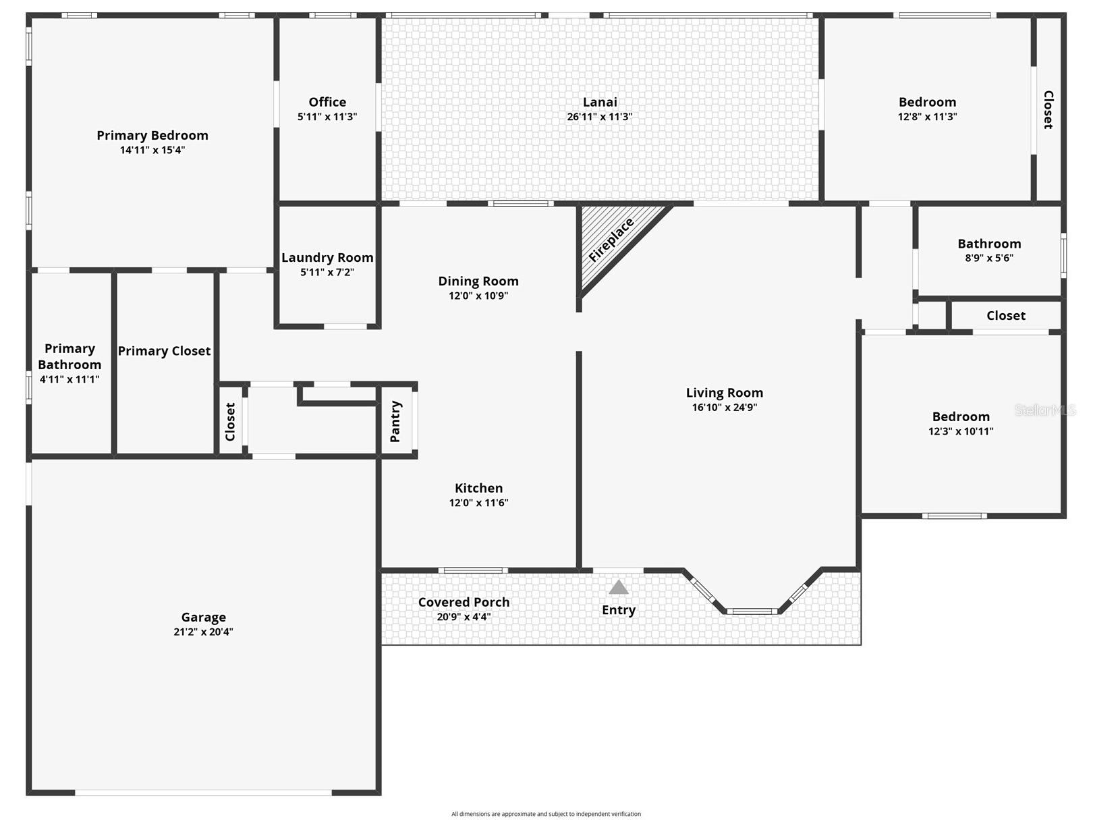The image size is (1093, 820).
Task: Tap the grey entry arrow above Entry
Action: tap(618, 588)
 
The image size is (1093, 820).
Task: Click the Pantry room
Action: tap(396, 422)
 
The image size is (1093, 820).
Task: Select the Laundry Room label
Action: tap(327, 258)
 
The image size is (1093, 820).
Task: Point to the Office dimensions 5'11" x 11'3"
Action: tap(327, 117)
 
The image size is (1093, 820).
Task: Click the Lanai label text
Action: tap(600, 102)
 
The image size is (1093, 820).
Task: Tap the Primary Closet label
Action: tap(164, 351)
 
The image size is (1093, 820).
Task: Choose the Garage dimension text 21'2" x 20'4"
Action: tap(203, 632)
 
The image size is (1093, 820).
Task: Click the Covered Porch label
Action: tap(464, 602)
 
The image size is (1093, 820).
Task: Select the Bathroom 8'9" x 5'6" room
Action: tap(988, 250)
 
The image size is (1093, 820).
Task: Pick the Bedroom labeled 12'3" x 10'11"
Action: tap(960, 423)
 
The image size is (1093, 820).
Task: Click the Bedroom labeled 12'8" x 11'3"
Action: tap(927, 109)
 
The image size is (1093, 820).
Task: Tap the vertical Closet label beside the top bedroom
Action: tap(1048, 109)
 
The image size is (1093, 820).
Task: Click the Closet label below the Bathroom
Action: tap(1005, 316)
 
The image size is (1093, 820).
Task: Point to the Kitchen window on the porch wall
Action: tap(473, 571)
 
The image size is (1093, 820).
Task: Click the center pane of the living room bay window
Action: tap(752, 611)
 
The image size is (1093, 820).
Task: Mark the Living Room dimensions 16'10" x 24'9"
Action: tap(724, 408)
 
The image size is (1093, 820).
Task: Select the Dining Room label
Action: tap(478, 281)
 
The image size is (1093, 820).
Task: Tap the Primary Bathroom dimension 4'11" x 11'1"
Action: tap(69, 379)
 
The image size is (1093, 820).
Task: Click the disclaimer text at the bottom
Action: tap(546, 814)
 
